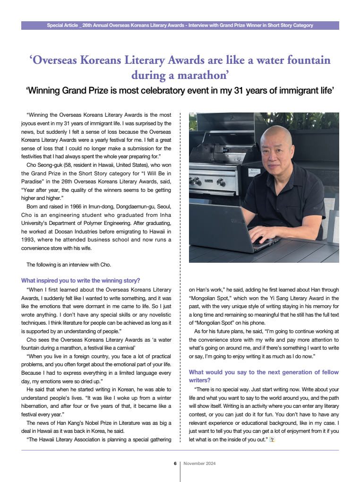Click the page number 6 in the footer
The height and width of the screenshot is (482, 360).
click(x=175, y=464)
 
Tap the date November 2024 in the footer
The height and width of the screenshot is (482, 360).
click(x=199, y=464)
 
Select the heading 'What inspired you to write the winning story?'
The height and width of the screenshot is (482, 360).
click(x=80, y=280)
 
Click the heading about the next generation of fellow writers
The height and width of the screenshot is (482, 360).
click(x=264, y=376)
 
